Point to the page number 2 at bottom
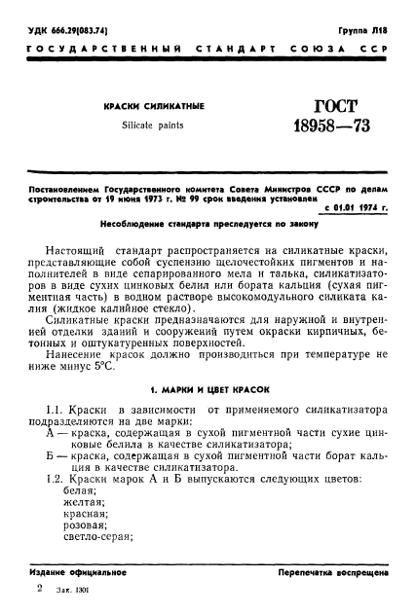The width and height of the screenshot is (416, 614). pos(37,591)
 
